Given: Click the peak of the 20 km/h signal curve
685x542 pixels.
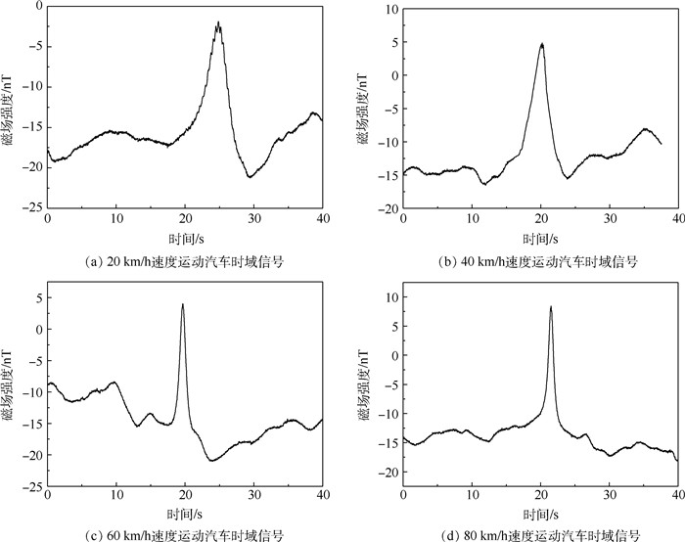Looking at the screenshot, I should pyautogui.click(x=218, y=23).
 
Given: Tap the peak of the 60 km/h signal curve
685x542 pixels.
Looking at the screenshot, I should pyautogui.click(x=183, y=304).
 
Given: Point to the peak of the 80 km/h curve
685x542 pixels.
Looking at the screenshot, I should pyautogui.click(x=551, y=307).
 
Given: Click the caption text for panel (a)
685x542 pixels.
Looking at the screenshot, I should pyautogui.click(x=185, y=261).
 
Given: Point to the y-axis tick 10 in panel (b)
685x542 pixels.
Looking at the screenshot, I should pyautogui.click(x=389, y=9).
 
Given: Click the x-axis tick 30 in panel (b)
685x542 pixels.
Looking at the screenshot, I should pyautogui.click(x=609, y=220).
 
